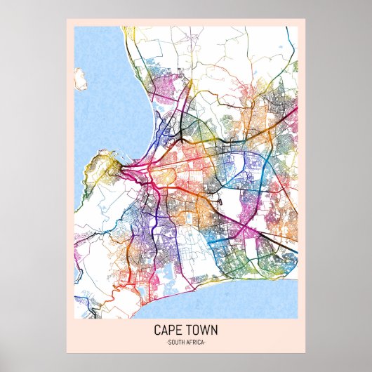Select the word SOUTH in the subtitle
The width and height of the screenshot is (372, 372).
click(175, 341)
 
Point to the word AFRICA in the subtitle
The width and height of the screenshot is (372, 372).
click(197, 341)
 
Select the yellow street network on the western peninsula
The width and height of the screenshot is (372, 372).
click(102, 168)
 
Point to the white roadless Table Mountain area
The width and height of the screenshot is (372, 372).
click(105, 211)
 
